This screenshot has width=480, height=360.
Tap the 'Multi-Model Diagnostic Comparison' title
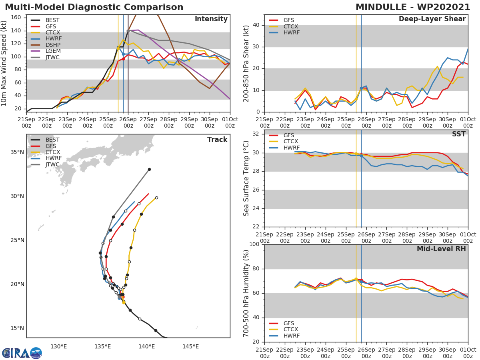point(94,7)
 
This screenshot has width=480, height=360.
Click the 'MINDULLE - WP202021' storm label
point(413,7)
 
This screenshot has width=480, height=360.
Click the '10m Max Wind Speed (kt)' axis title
point(4,63)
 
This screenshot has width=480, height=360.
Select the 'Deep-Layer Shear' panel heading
point(432,19)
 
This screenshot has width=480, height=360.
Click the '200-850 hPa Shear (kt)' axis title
point(246,63)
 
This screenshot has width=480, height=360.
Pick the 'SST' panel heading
point(458,134)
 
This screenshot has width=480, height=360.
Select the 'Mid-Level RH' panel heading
point(441,249)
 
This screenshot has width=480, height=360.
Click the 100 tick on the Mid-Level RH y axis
point(254,244)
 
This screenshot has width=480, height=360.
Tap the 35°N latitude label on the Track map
point(17,152)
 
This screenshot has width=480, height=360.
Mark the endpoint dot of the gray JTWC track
point(149,169)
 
